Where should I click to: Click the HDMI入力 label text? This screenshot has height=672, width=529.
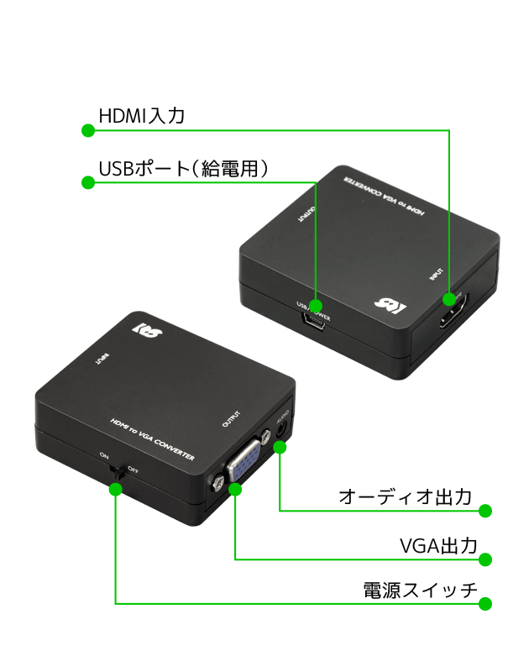click(141, 115)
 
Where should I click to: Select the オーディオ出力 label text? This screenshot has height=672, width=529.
click(405, 496)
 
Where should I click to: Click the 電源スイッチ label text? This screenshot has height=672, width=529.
click(419, 591)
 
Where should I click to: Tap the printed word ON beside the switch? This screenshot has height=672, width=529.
click(105, 455)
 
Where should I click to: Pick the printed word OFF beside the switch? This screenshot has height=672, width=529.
click(133, 468)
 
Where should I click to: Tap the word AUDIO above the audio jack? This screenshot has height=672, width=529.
click(282, 416)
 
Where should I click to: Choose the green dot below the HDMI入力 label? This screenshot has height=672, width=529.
click(87, 130)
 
